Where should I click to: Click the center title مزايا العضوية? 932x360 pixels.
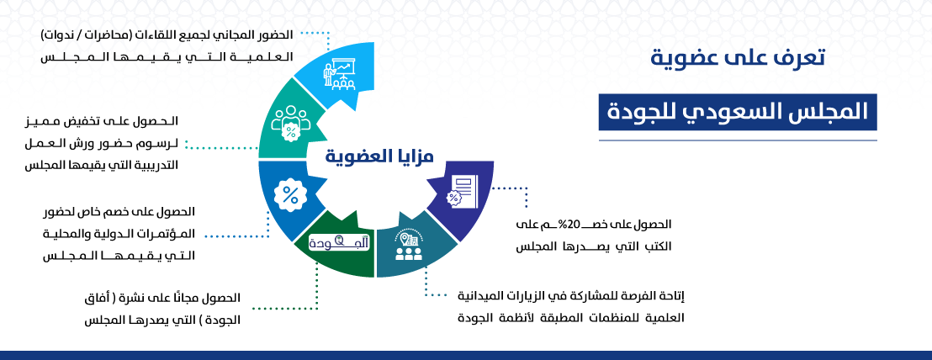point(379,156)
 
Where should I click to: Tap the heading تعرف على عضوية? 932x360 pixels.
point(738,59)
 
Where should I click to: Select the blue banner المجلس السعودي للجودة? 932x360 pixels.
point(738,112)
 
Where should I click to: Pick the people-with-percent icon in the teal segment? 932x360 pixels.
point(290,123)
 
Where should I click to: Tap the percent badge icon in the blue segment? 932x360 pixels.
point(291,195)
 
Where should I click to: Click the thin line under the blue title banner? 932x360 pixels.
point(738,140)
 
